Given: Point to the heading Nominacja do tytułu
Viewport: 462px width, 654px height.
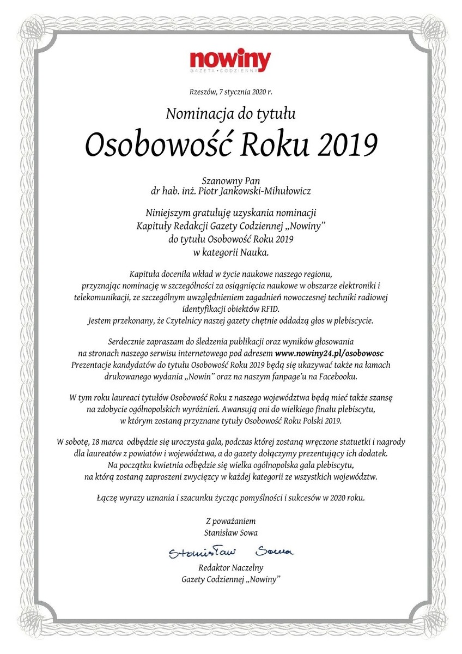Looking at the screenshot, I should coord(230,113).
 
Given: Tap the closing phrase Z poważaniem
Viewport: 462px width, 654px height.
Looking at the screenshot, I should coord(230,521).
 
